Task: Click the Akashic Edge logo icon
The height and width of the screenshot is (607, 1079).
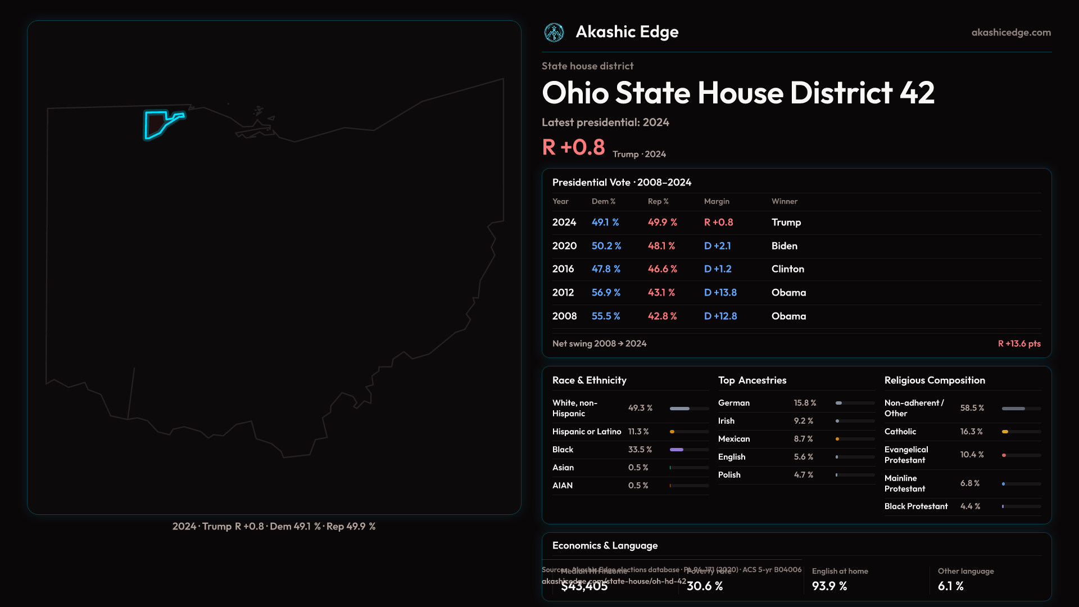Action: pos(554,33)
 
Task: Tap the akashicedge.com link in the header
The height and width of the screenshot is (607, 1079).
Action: pos(1011,33)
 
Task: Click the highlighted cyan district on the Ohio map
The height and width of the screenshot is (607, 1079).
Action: pos(156,124)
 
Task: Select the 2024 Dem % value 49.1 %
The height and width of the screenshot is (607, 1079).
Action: pos(605,223)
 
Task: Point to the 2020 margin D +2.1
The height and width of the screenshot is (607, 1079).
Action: pos(718,246)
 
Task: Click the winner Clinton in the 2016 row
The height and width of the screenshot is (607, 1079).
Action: pos(787,269)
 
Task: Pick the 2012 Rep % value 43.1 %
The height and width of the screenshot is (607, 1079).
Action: pos(661,293)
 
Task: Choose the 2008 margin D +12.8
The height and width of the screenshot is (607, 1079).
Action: pos(720,316)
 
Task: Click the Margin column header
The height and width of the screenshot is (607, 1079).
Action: pos(717,201)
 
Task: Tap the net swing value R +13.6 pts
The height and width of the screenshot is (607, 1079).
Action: pos(1019,344)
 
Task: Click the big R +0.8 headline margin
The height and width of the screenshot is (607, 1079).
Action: pos(573,147)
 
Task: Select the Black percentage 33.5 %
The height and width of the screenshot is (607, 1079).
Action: pos(640,450)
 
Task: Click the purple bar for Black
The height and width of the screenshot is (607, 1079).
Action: pos(677,450)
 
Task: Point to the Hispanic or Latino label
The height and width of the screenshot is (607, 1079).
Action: pos(587,432)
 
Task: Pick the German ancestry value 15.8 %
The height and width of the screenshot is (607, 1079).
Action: pos(805,403)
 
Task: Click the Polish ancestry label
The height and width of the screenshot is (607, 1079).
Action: pos(729,475)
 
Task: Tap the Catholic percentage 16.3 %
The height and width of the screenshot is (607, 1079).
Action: pos(971,432)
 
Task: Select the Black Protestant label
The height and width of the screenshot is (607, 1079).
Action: pos(916,506)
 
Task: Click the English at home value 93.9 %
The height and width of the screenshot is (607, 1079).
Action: pos(829,586)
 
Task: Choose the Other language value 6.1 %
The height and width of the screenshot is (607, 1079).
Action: pos(951,586)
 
